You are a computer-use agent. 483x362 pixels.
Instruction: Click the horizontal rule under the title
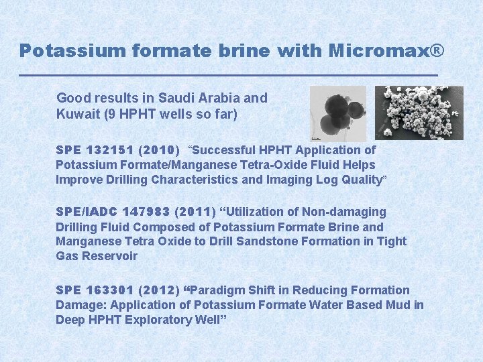[228, 74]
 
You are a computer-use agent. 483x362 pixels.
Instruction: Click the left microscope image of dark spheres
[339, 112]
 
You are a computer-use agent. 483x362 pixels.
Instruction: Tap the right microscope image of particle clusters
[419, 112]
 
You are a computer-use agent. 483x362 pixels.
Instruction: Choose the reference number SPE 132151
[95, 150]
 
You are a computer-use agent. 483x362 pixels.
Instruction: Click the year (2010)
[160, 150]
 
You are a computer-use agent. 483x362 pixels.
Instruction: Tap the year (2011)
[195, 212]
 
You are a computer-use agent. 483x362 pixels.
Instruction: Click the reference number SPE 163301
[95, 290]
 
